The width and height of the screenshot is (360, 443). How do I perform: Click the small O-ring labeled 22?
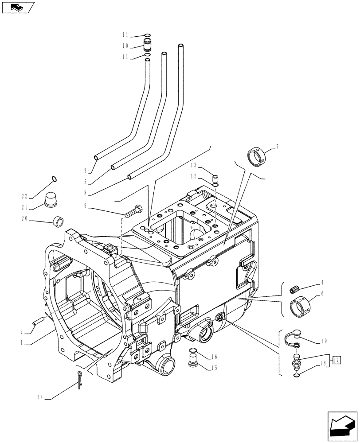pyautogui.click(x=54, y=179)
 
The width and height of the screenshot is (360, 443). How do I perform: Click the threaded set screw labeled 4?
pyautogui.click(x=293, y=291)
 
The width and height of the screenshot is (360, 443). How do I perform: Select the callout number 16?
pyautogui.click(x=214, y=356)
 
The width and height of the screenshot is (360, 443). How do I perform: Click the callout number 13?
pyautogui.click(x=193, y=165)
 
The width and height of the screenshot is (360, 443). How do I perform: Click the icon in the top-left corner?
pyautogui.click(x=18, y=7)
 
